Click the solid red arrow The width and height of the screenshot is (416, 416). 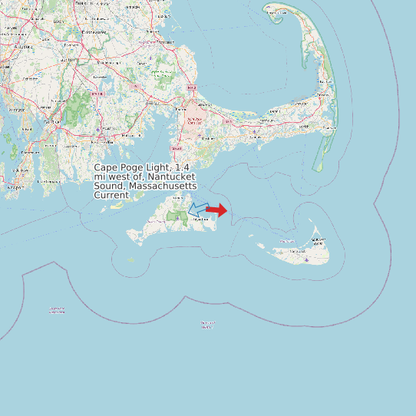click(x=217, y=210)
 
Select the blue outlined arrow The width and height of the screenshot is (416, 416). click(x=198, y=209)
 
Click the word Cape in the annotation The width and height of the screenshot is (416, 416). click(x=106, y=168)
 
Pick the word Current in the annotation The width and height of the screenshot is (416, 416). click(x=111, y=196)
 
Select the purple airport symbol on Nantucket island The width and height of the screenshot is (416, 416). click(x=306, y=259)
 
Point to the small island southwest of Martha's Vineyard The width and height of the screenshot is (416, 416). click(x=130, y=259)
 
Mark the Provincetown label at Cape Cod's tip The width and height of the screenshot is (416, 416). click(x=278, y=12)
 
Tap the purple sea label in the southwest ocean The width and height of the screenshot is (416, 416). click(x=57, y=311)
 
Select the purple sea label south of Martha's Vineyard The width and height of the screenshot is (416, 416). click(x=207, y=325)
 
